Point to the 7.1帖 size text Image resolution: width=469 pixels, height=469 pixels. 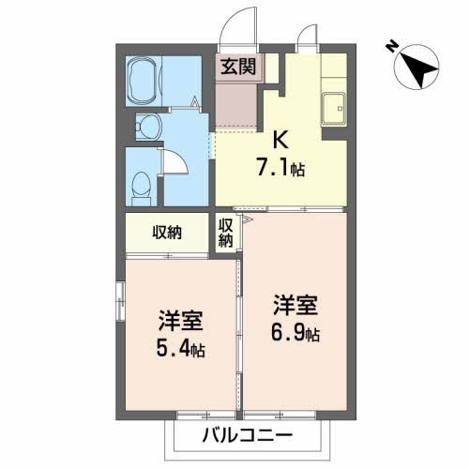click(x=280, y=170)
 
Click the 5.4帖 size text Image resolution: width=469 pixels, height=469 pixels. click(x=182, y=349)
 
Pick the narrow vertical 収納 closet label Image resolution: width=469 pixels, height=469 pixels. click(x=226, y=233)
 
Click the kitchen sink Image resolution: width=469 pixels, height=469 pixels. click(x=333, y=109)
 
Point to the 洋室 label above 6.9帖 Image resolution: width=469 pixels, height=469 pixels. click(x=295, y=305)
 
